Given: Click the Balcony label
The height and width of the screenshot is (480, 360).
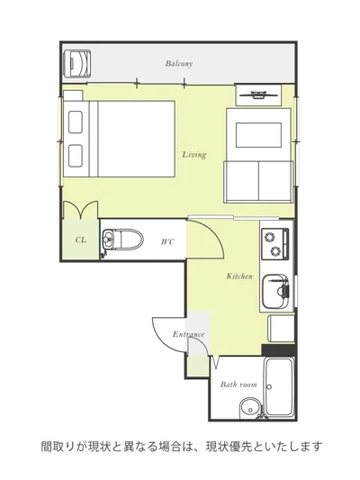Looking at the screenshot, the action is coord(179,64).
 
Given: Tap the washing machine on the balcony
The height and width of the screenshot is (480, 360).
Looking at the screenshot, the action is coord(77,63).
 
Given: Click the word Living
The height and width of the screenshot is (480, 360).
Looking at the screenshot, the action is coord(194,155).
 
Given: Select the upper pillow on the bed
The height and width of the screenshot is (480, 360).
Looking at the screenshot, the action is coord(76,122).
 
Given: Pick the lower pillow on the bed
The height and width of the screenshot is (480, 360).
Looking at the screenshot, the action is coord(76,156).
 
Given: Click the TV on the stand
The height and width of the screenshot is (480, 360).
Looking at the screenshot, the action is coord(259,95).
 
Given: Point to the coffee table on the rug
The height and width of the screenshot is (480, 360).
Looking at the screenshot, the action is coord(258,135).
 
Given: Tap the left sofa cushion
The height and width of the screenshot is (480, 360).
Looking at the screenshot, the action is coord(241,181).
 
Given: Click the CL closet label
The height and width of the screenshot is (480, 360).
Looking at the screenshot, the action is coord(81,240).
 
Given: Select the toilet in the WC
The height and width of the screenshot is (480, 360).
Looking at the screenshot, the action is coord(122,239).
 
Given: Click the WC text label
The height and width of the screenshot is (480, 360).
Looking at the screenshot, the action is coord(167,242).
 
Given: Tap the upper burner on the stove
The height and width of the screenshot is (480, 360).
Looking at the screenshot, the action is coord(270,237).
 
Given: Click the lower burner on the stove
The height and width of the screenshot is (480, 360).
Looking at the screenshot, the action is coord(274,251).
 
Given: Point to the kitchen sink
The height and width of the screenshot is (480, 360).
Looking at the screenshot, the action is coord(275,291).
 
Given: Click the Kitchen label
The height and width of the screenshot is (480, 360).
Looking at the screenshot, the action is coord(239,276).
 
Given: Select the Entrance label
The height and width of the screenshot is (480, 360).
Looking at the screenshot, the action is coord(188,334).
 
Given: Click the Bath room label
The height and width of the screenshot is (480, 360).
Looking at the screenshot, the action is coord(238,385).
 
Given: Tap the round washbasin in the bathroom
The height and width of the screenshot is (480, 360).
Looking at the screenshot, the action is coord(250,408).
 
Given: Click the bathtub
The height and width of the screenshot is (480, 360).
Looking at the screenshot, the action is coord(279,387).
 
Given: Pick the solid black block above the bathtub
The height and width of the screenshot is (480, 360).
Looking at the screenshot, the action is coord(279,350).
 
